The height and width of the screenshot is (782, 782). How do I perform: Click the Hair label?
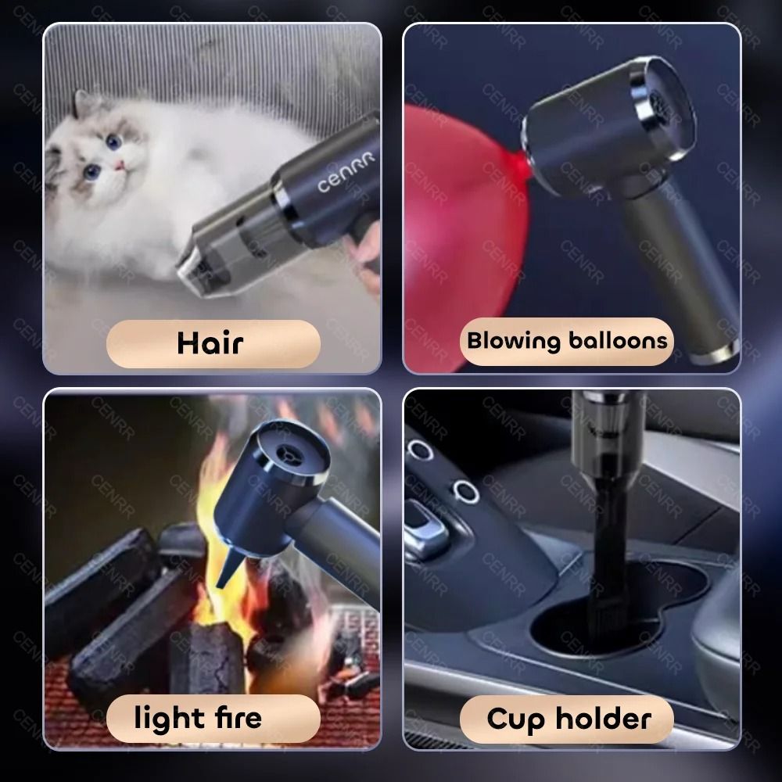point(211,343)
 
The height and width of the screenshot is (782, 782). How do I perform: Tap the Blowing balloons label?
point(567,341)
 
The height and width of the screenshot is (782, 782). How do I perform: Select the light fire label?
point(198,717)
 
